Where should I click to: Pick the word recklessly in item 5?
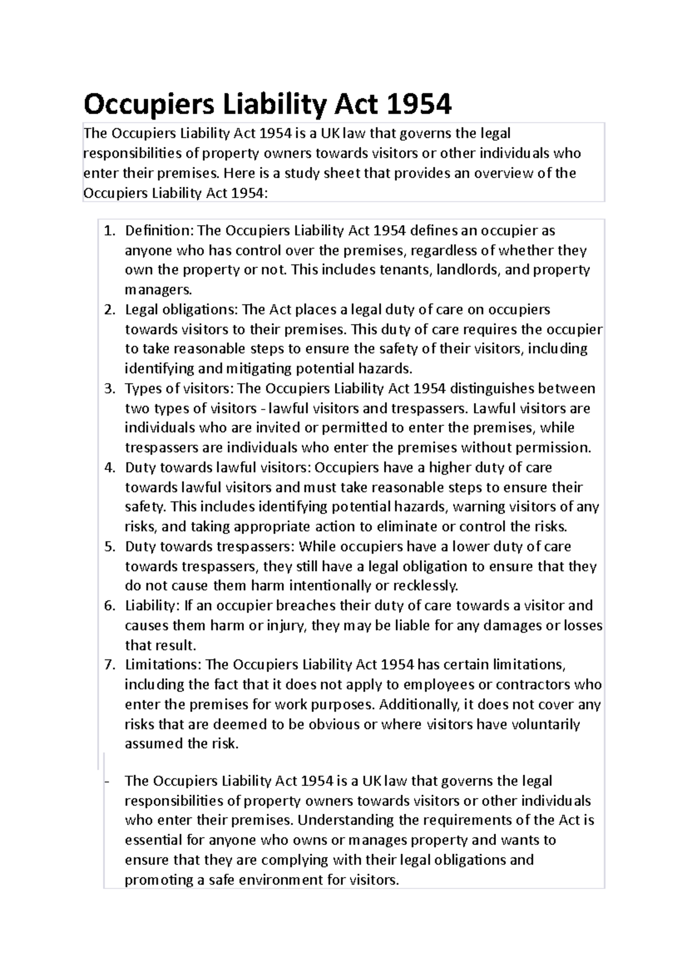pyautogui.click(x=424, y=586)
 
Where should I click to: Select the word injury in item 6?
pyautogui.click(x=287, y=626)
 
